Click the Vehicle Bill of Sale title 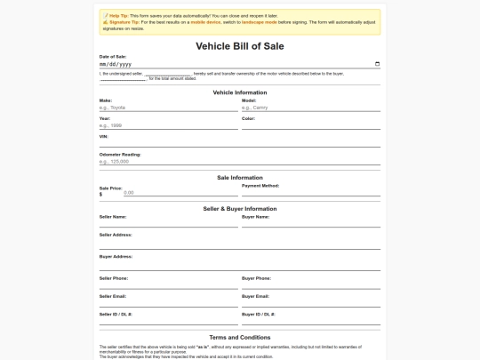[x=239, y=45]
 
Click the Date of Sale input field [x=231, y=64]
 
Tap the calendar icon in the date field [x=378, y=64]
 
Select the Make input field [x=168, y=108]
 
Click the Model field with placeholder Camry [x=310, y=108]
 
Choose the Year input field [x=168, y=125]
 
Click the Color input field [x=310, y=125]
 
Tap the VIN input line [x=239, y=143]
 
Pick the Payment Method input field [x=310, y=192]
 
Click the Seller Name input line [x=168, y=224]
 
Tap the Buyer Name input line [x=310, y=224]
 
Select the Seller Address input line [x=239, y=244]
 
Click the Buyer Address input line [x=239, y=265]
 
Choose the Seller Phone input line [x=168, y=285]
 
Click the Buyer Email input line [x=310, y=303]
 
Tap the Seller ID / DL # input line [x=168, y=322]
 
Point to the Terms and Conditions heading [x=239, y=338]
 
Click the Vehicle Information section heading [x=239, y=92]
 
